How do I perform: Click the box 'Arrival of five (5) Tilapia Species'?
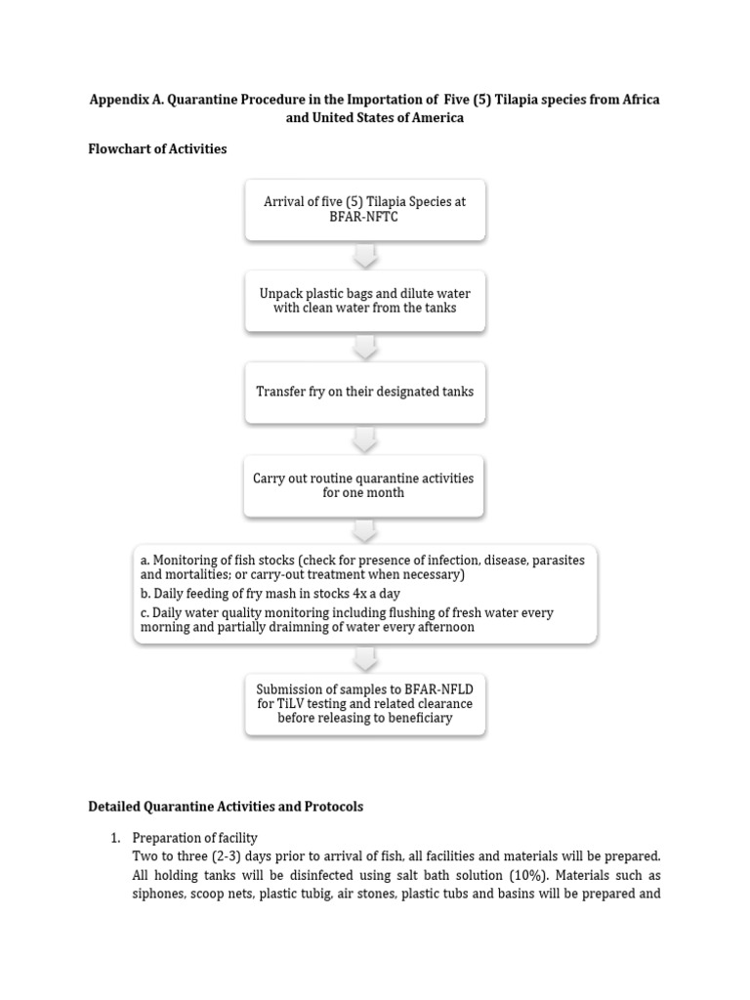(364, 209)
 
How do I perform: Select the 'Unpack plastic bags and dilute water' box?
(364, 301)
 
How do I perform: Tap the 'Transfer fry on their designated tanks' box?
(364, 392)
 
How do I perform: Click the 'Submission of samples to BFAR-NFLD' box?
(364, 703)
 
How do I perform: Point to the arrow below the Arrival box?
(364, 255)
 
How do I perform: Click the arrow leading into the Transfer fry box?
(364, 347)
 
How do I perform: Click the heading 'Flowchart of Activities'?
(157, 149)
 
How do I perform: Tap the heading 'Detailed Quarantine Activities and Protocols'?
(226, 807)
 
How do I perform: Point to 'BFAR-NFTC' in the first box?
(364, 218)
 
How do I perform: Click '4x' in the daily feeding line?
(354, 594)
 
